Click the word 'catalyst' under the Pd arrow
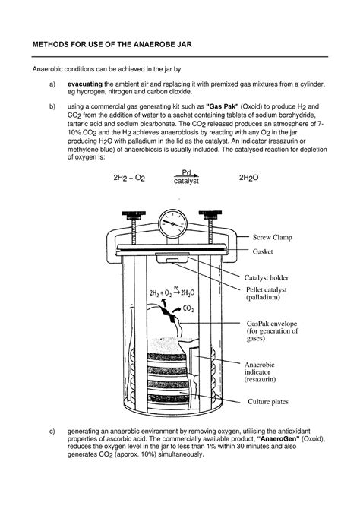(x=185, y=182)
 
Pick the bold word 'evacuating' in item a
(x=85, y=82)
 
